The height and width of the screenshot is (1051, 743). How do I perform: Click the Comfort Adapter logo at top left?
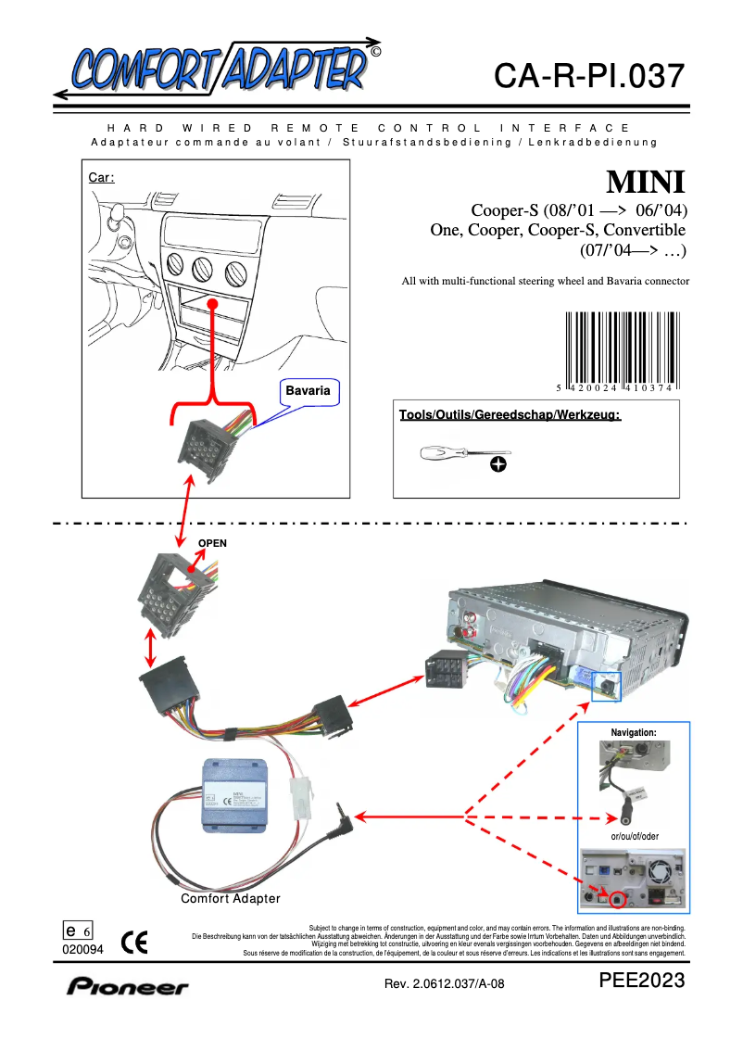point(218,68)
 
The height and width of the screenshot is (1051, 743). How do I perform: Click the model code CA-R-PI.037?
point(589,76)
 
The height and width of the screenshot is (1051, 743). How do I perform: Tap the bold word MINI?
point(646,180)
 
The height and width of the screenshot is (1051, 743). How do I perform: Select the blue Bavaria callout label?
point(308,391)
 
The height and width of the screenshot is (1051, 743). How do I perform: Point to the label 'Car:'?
point(101,177)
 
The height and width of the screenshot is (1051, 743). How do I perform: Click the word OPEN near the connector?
point(211,543)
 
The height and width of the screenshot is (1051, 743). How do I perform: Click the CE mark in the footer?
point(134,943)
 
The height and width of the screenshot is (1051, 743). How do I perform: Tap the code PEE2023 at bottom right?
point(642,981)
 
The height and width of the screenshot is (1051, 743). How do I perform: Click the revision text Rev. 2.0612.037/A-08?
point(445,984)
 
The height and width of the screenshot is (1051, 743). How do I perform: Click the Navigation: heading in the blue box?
point(634,732)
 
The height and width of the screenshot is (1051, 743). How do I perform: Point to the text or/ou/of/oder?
point(635,836)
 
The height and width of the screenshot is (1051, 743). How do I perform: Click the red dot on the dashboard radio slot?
point(212,303)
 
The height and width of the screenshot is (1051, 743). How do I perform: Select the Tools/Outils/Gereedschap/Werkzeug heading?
point(510,414)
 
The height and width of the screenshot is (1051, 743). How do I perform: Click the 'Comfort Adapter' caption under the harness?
point(230,899)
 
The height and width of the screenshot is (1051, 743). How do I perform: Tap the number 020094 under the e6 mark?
point(83,950)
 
